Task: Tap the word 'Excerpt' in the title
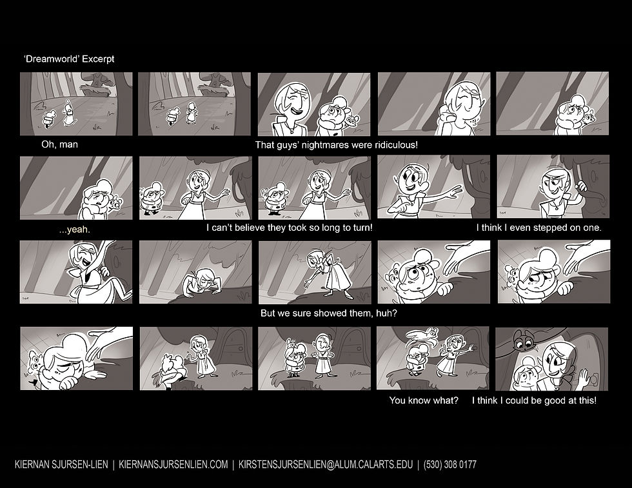98,59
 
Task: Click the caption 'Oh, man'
59,144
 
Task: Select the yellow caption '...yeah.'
75,229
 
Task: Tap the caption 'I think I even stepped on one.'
538,228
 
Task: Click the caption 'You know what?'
424,400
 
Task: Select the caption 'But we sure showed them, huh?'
328,313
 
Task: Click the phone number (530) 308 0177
450,465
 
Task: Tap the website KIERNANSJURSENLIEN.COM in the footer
173,465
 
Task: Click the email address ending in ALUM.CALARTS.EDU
326,465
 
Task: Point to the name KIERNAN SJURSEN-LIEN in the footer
61,465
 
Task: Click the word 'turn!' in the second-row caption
362,228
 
